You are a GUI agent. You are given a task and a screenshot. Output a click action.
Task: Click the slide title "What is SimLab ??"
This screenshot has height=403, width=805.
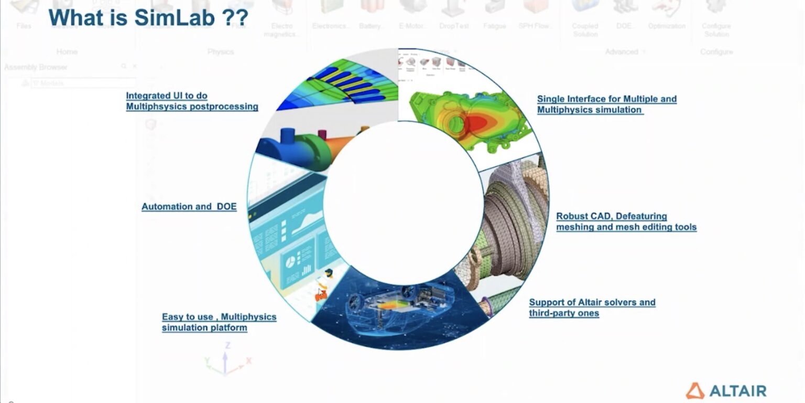click(x=148, y=18)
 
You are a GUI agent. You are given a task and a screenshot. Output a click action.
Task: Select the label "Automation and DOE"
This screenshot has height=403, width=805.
click(x=189, y=207)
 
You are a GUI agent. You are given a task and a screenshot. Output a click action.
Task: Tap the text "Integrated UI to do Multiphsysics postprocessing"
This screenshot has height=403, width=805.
click(x=192, y=101)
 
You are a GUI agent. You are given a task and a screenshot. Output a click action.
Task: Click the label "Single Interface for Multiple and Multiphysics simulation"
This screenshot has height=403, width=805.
click(x=606, y=104)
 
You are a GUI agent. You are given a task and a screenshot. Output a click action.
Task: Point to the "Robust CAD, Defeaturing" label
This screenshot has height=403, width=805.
click(x=611, y=216)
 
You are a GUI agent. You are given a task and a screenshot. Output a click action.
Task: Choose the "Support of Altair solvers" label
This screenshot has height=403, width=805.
click(x=592, y=302)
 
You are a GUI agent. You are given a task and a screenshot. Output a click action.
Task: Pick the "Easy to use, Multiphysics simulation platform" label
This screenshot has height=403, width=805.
click(x=219, y=322)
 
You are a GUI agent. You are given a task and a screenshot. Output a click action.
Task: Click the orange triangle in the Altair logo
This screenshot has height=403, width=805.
click(x=695, y=390)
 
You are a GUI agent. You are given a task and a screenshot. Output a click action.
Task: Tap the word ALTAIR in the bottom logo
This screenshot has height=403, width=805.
click(x=737, y=391)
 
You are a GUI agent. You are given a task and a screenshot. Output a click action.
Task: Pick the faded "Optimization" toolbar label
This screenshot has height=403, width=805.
click(x=666, y=26)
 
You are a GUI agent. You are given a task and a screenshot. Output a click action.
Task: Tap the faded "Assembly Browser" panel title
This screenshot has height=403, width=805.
click(x=36, y=67)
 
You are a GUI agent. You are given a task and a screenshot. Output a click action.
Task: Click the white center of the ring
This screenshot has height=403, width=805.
click(x=402, y=202)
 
